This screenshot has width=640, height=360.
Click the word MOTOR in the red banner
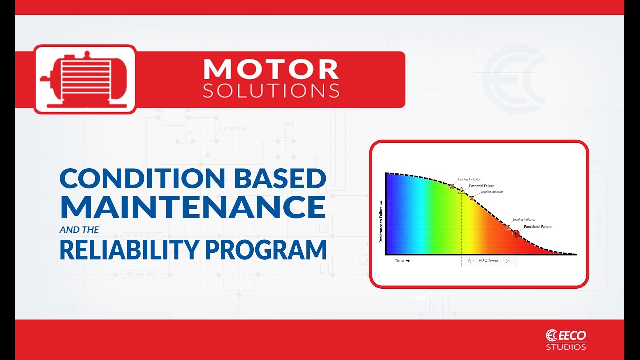click(271, 70)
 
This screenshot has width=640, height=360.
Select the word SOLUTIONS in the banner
click(271, 91)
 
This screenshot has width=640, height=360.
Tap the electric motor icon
click(85, 79)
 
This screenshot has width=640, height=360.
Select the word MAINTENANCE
click(192, 207)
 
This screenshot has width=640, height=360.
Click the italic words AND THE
click(79, 230)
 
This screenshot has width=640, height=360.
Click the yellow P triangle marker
click(461, 191)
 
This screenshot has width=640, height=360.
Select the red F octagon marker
click(516, 233)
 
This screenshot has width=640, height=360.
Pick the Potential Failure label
click(481, 186)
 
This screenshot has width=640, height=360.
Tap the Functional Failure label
click(537, 227)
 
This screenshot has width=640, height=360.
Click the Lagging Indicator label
click(492, 192)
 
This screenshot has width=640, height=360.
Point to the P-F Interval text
click(488, 261)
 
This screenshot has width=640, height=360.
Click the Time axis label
click(399, 261)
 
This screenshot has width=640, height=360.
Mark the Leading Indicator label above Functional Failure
click(524, 220)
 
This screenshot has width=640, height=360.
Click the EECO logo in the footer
click(566, 335)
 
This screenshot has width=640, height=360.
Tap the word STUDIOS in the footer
click(566, 347)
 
